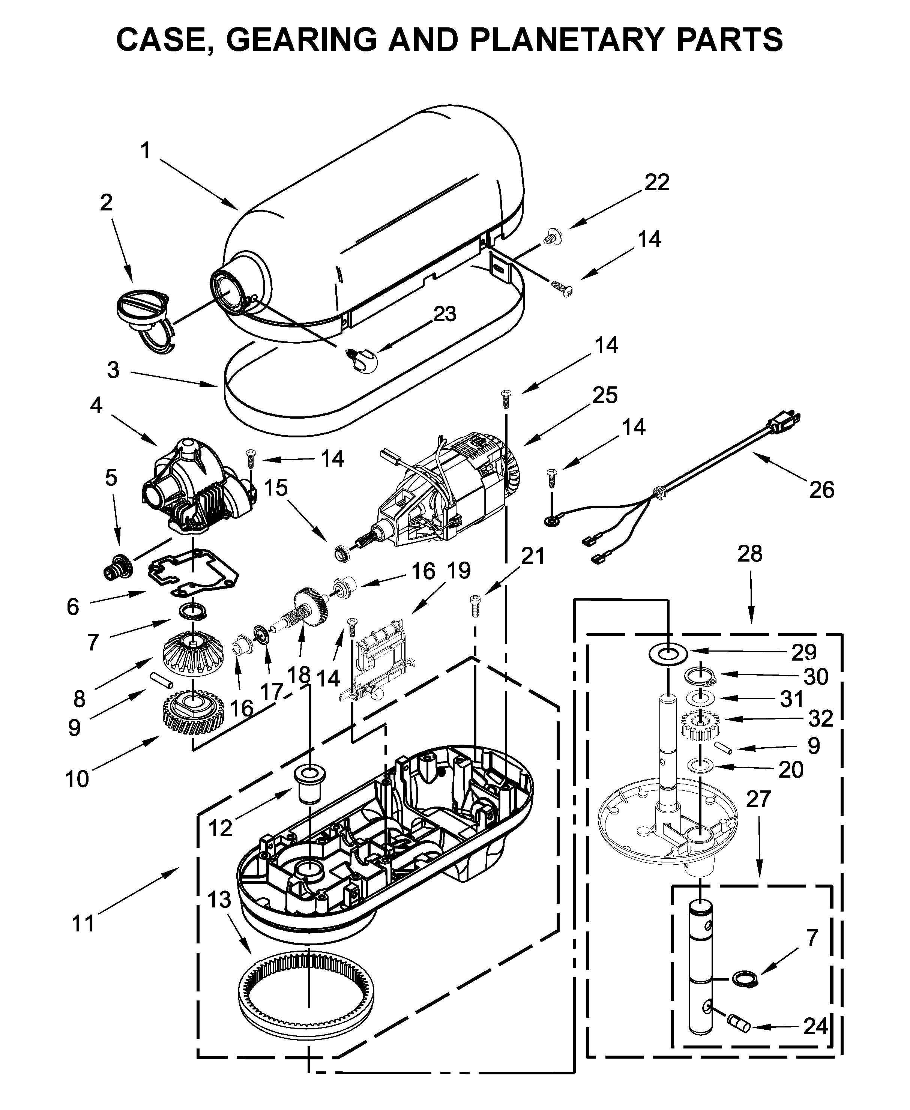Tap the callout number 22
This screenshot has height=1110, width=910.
click(x=657, y=182)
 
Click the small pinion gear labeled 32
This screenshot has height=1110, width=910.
click(x=700, y=726)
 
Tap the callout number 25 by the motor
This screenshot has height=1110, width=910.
click(x=605, y=395)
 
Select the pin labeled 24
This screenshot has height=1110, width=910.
click(x=739, y=1022)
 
